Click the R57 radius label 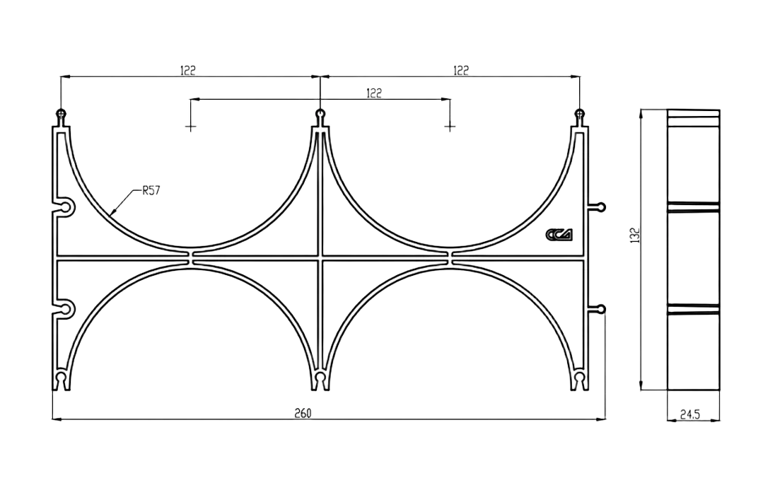tap(152, 190)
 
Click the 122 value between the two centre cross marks tap(374, 92)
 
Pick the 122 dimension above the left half tap(187, 69)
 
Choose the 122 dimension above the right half tap(460, 69)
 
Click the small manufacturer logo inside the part tap(560, 235)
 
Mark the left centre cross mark tap(189, 128)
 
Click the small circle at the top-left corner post tap(62, 113)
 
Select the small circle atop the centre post tap(321, 113)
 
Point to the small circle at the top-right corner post tap(580, 113)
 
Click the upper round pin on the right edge tap(601, 207)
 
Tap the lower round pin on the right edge tap(601, 309)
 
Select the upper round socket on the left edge tap(66, 207)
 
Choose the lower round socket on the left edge tap(66, 309)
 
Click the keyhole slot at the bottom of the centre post tap(321, 378)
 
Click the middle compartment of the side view tap(693, 257)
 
